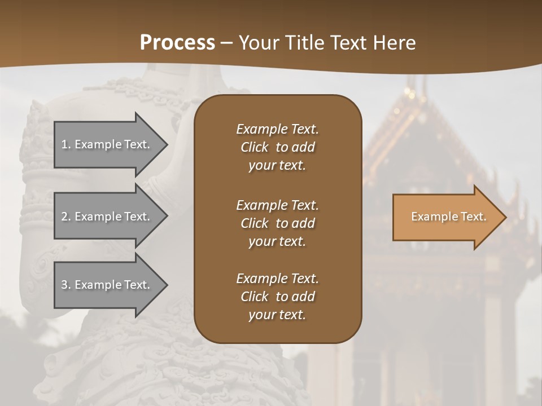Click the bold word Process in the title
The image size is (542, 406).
click(x=177, y=42)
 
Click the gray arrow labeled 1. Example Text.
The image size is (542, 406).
click(x=107, y=144)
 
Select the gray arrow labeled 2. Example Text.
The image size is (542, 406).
click(x=107, y=217)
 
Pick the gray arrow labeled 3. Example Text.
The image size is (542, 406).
click(x=107, y=285)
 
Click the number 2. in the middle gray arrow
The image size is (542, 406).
click(x=66, y=217)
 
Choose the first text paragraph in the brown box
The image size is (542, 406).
click(x=277, y=147)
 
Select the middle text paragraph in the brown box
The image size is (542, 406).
click(x=277, y=223)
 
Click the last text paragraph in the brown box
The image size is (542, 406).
click(x=277, y=297)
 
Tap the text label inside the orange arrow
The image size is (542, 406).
click(x=448, y=217)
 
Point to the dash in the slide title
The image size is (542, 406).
click(x=227, y=43)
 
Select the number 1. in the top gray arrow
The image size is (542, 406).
click(x=66, y=144)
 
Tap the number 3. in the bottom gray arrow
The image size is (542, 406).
click(x=66, y=285)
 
